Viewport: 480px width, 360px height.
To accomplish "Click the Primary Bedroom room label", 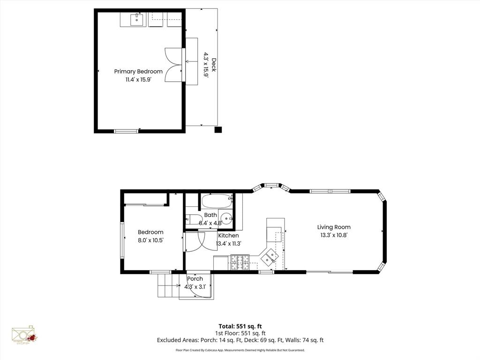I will coord(138,71).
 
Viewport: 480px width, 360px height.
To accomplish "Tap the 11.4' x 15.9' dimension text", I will coord(138,80).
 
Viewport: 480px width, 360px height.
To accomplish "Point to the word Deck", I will coord(214,65).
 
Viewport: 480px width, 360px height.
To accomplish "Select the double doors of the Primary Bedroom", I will coord(174,65).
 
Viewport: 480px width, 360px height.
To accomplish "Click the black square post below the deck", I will coord(217,130).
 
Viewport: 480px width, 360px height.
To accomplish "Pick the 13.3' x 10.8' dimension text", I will coord(335,235).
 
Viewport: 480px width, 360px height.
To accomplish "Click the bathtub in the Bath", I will coord(217,201).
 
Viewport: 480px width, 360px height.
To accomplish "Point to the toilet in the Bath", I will coord(192,219).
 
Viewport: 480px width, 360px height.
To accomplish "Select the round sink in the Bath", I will coord(226,218).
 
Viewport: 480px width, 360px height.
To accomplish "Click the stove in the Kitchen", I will coord(240,262).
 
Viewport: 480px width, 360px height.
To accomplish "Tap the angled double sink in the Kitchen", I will coord(270,256).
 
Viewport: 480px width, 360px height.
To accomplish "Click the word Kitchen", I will coord(228,235).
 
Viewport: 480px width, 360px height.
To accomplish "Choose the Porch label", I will coord(195,279).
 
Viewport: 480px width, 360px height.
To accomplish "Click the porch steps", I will coord(168,285).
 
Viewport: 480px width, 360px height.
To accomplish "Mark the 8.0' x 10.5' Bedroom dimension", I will coord(150,240).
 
